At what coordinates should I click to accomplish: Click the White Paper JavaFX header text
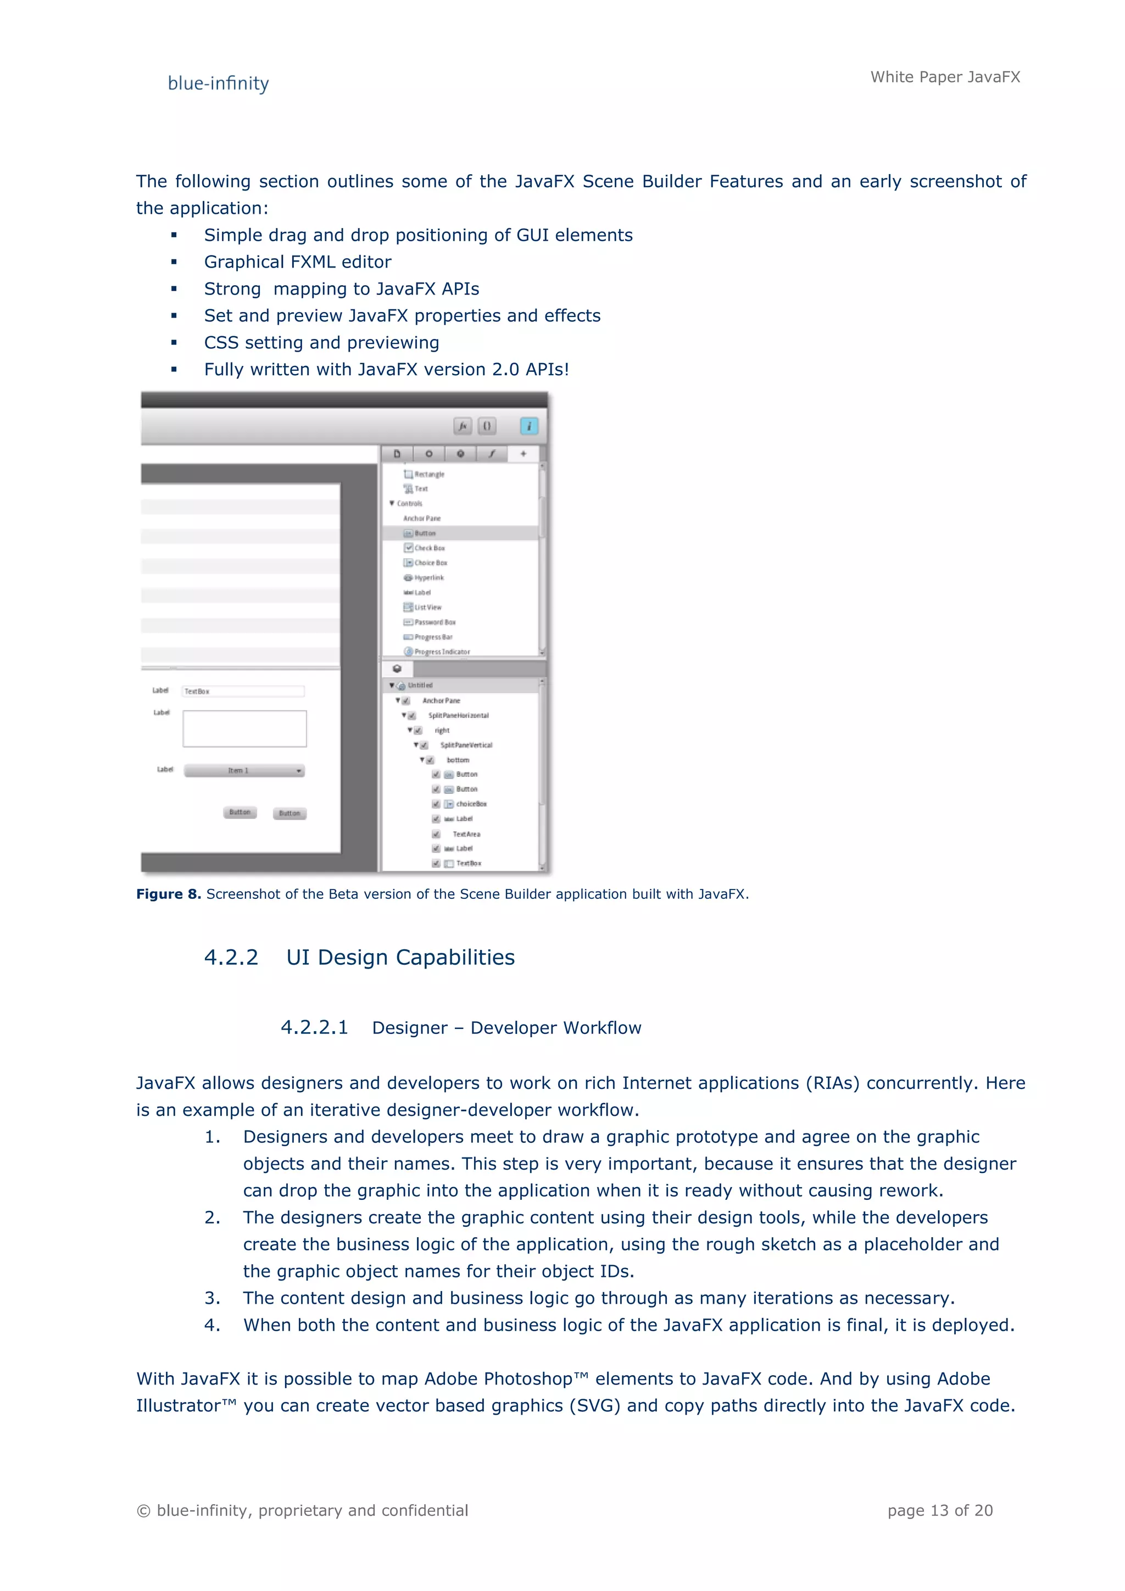pyautogui.click(x=945, y=77)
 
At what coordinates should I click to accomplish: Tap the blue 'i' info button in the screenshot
pyautogui.click(x=528, y=426)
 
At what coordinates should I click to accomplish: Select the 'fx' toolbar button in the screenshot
pyautogui.click(x=462, y=426)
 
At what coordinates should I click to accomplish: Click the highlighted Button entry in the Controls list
pyautogui.click(x=425, y=533)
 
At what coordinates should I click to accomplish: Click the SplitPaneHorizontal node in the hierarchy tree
pyautogui.click(x=458, y=715)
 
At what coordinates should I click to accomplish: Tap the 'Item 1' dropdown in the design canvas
pyautogui.click(x=244, y=771)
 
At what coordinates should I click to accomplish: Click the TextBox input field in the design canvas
pyautogui.click(x=242, y=692)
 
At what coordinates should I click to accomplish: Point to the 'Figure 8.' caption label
pyautogui.click(x=168, y=894)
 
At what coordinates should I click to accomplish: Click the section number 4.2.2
pyautogui.click(x=231, y=957)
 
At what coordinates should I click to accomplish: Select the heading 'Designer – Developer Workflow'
pyautogui.click(x=506, y=1028)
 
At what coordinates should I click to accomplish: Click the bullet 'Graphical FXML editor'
pyautogui.click(x=297, y=262)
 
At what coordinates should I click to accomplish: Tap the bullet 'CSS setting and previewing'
pyautogui.click(x=321, y=342)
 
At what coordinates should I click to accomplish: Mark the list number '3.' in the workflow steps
pyautogui.click(x=212, y=1298)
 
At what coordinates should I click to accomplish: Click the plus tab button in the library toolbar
pyautogui.click(x=523, y=454)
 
